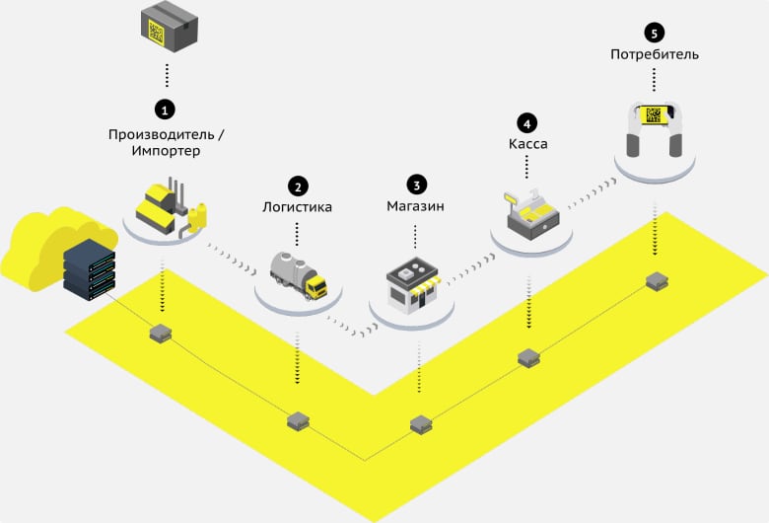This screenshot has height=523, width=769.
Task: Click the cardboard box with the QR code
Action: pos(167,27)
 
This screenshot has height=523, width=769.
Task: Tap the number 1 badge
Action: pos(167,107)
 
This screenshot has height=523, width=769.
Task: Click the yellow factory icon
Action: pos(170,207)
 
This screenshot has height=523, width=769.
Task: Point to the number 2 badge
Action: pos(297,185)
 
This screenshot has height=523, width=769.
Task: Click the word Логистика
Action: pos(297,208)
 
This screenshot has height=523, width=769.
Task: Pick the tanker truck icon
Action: pos(298,273)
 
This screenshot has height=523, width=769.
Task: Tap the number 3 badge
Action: pos(416,184)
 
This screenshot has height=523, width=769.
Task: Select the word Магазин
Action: pos(415,207)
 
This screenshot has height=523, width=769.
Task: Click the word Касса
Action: pos(528,145)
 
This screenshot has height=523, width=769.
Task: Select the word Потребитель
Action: pos(654,54)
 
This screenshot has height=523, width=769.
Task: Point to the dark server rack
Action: pos(89,268)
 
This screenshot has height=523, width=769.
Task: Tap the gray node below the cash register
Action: pos(529,358)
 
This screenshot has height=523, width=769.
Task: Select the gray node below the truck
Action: pos(298,421)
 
